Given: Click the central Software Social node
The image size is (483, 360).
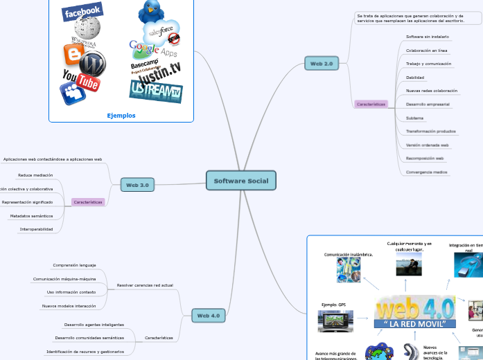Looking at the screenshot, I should pos(241,181).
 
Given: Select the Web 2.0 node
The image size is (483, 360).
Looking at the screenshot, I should pos(322,64).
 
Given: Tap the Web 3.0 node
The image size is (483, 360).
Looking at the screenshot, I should pos(137,185).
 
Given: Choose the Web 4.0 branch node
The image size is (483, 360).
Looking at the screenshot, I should pos(208,316).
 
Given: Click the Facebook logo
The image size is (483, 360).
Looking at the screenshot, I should pos(82,11).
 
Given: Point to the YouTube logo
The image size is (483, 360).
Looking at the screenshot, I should pos(80,80).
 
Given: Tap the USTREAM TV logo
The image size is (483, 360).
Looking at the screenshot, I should pos(155,91).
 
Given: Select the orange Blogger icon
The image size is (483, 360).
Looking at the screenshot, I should pos(71,54).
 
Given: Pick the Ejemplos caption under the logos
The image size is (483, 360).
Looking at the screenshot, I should pos(121,116).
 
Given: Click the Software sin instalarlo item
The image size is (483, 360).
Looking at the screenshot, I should pos(427,36).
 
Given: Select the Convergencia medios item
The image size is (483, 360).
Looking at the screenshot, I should pos(426,172).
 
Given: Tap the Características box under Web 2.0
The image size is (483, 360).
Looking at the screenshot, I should pos(371,104).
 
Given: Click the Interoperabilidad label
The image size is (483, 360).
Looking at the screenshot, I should pos(36,229).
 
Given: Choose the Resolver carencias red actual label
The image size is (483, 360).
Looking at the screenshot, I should pos(145,285).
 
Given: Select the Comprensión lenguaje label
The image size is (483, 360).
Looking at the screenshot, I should pos(74,265).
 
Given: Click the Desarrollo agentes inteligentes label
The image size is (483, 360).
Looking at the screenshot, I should pos(94,325).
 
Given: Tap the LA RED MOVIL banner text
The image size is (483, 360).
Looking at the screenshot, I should pos(415,324).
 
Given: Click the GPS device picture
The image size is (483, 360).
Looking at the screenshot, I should pos(335,321).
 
